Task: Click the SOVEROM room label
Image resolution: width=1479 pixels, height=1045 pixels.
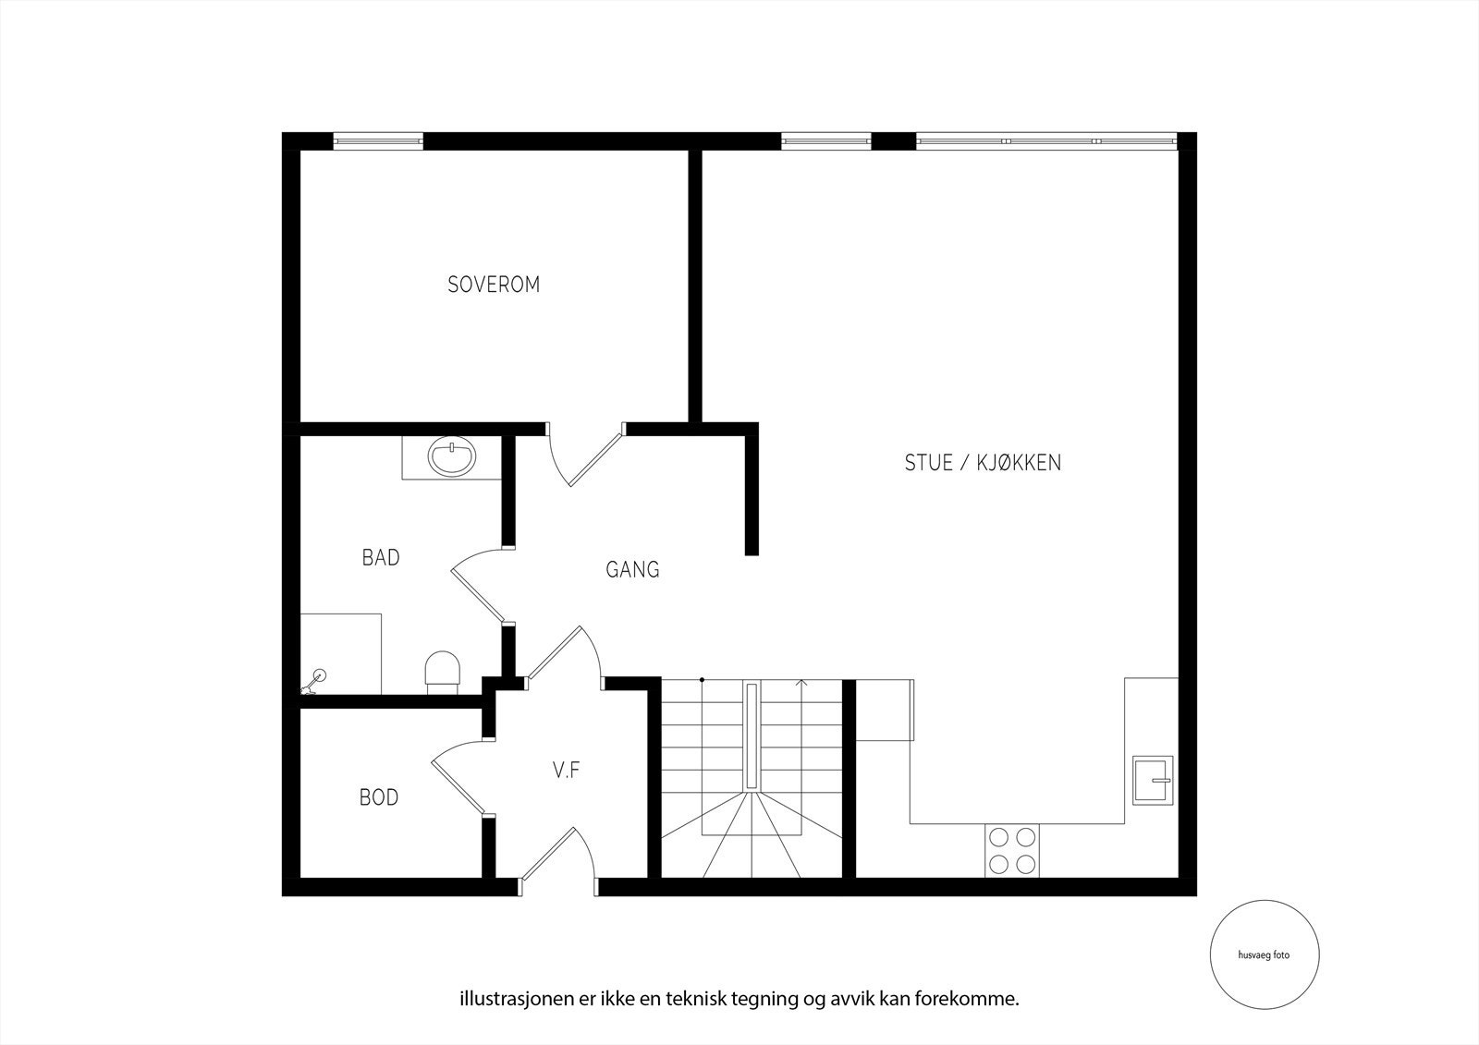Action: [x=494, y=285]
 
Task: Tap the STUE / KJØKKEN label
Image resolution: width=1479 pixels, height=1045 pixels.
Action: [x=983, y=463]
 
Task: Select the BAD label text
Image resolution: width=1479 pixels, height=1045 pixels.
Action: [x=381, y=558]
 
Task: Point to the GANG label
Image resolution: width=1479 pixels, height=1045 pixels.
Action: [x=632, y=570]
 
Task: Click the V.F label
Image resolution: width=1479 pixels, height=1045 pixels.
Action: [x=566, y=771]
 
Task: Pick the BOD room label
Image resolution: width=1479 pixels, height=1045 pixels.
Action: [x=379, y=797]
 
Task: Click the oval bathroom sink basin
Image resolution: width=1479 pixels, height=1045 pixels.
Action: [x=453, y=456]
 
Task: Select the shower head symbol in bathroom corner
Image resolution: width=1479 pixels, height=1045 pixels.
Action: [x=316, y=679]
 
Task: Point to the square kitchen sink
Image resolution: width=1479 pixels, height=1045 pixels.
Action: [x=1152, y=780]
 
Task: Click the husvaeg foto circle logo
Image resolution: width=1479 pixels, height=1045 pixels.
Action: [x=1264, y=955]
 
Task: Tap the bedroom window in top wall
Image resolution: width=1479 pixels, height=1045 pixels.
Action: [x=378, y=141]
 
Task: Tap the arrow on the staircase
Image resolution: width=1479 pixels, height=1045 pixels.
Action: [x=802, y=684]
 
